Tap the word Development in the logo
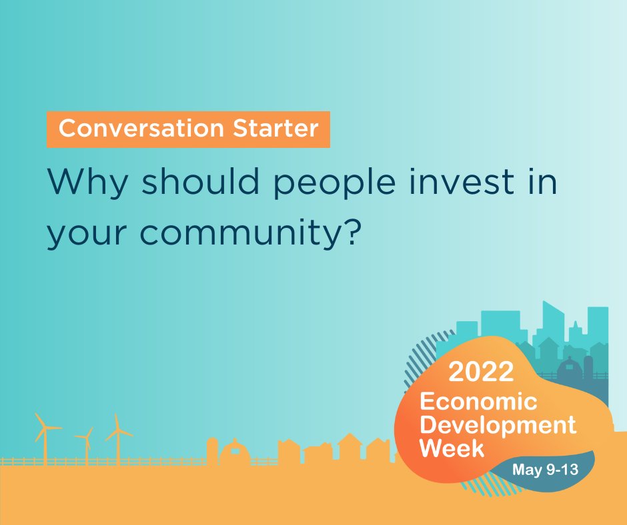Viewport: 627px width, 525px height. tap(497, 424)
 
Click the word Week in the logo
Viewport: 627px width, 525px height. tap(451, 448)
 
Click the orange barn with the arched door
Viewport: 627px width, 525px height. tap(234, 453)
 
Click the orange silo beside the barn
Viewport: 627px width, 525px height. tap(212, 451)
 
